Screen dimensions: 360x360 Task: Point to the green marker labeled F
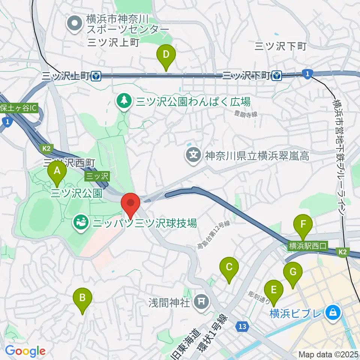(304, 226)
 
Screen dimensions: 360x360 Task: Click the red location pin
(130, 205)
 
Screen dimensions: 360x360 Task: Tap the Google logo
(25, 351)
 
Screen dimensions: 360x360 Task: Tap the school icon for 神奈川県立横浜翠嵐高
(194, 155)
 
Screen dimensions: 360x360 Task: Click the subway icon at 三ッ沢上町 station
(96, 76)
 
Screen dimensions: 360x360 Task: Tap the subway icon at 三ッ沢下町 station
(277, 76)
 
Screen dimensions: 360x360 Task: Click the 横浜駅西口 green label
(308, 246)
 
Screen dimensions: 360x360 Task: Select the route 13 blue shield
(243, 327)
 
